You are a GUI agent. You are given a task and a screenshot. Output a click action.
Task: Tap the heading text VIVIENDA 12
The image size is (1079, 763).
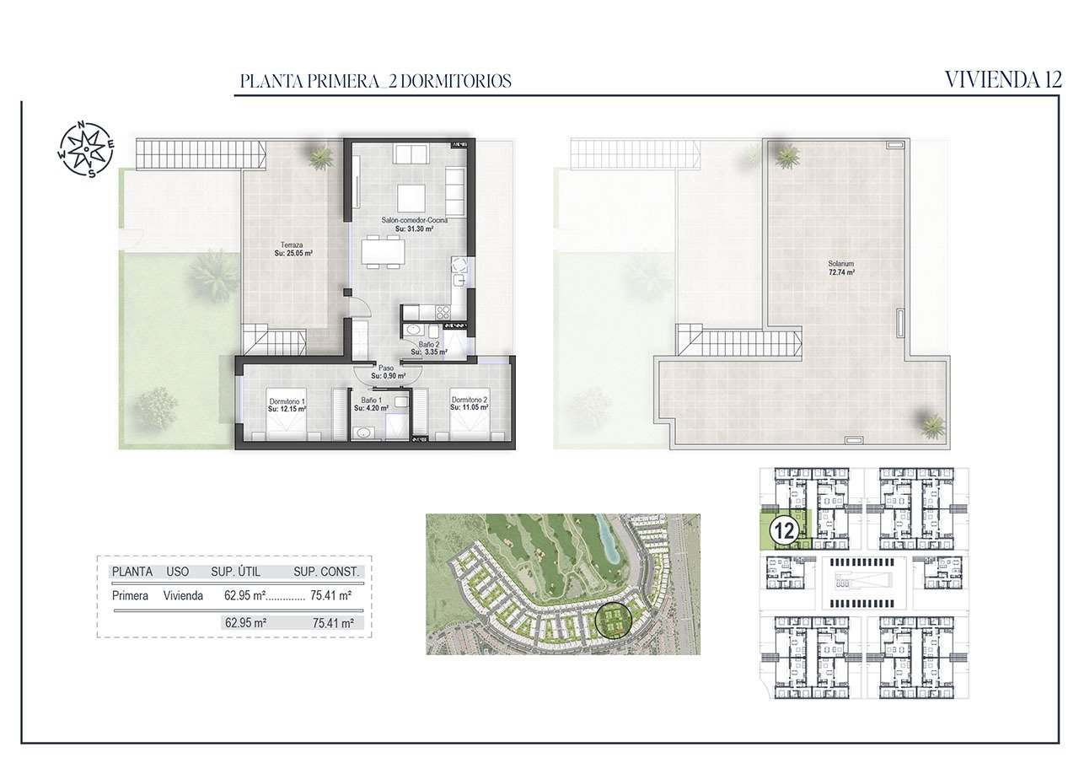[x=1002, y=80]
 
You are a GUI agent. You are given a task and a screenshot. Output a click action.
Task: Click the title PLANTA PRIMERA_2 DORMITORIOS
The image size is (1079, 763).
[x=375, y=82]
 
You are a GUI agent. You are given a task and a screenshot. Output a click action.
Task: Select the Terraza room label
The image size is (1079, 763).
[x=293, y=248]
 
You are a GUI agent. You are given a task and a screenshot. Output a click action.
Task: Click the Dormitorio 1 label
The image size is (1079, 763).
[x=287, y=405]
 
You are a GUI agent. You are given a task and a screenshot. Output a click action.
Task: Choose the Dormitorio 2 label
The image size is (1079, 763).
[x=470, y=404]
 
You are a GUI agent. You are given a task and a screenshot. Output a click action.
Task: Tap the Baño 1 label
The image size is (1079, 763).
[x=372, y=405]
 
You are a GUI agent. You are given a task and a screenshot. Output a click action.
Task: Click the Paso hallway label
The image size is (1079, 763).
[x=386, y=371]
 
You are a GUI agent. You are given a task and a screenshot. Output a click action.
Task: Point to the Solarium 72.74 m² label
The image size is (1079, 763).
[x=840, y=268]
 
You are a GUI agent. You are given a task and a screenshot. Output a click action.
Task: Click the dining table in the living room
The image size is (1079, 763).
[x=384, y=252]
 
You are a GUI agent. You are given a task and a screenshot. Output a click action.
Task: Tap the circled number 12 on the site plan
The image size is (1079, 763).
[x=785, y=531]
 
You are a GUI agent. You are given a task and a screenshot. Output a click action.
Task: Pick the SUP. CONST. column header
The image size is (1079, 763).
[x=326, y=572]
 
